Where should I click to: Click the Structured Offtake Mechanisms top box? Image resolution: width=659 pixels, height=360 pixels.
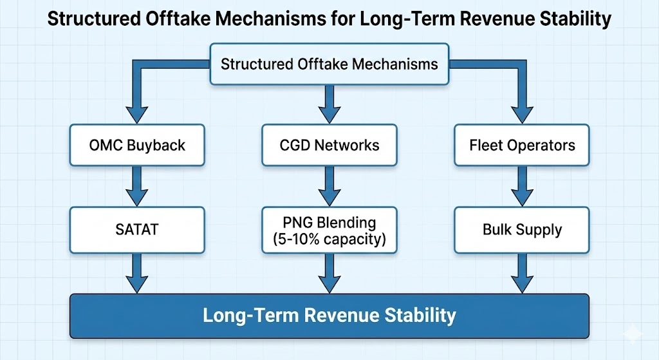[x=329, y=64]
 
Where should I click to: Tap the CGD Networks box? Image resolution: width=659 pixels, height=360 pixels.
[x=329, y=144]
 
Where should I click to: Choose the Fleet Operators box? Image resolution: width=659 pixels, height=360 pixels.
[x=522, y=144]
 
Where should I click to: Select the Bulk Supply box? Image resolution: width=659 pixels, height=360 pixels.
[x=522, y=229]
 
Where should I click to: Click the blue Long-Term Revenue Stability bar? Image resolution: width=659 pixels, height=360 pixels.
[x=329, y=316]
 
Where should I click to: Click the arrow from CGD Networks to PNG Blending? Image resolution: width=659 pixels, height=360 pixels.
[x=329, y=186]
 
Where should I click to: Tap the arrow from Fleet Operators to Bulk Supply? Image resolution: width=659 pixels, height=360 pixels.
[x=522, y=186]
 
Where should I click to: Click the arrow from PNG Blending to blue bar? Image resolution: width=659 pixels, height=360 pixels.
[x=329, y=274]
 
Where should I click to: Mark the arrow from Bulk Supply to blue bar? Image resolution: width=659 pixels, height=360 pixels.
[x=522, y=274]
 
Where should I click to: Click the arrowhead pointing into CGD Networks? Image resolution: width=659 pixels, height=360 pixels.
[x=329, y=113]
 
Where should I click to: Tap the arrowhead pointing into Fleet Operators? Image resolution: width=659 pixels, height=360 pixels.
[x=522, y=113]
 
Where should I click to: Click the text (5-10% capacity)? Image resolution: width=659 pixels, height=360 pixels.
[x=329, y=239]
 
